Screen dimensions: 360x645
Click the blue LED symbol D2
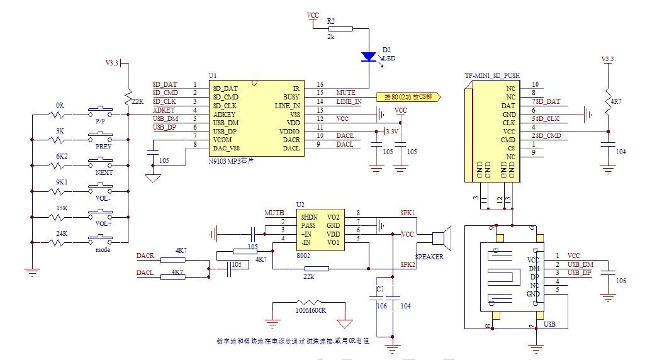369,57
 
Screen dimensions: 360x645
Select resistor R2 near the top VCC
340,28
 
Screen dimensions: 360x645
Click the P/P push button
101,114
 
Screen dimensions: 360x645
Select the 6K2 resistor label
61,155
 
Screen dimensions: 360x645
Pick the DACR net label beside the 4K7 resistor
145,256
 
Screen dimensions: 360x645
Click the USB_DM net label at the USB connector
580,264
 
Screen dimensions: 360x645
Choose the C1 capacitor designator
379,289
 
